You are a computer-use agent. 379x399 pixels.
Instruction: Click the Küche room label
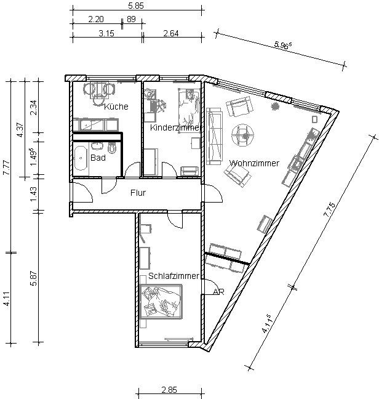tap(116, 107)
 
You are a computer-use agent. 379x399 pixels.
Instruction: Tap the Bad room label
tap(98, 158)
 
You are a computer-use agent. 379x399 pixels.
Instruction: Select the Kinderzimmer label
tap(176, 127)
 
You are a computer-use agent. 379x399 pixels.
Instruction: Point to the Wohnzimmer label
tap(254, 163)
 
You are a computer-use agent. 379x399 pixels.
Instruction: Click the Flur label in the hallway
tap(138, 193)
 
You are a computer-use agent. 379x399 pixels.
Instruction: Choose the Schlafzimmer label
tap(174, 276)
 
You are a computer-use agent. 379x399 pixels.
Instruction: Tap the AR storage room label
tap(218, 292)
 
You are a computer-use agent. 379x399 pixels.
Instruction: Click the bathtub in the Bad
tap(81, 158)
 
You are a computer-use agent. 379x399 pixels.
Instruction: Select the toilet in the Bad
tap(111, 148)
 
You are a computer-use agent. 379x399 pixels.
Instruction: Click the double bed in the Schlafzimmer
tap(161, 302)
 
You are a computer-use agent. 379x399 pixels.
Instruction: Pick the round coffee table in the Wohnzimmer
tap(242, 135)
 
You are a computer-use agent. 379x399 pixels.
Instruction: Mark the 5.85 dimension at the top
tap(136, 6)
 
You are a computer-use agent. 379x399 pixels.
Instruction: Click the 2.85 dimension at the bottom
tap(169, 390)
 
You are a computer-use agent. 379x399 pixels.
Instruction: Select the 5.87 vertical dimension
tap(34, 278)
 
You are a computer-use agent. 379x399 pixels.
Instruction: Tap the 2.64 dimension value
tap(171, 33)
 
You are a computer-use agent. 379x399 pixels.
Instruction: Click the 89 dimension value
tap(131, 19)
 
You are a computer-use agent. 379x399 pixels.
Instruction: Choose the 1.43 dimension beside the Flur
tap(34, 195)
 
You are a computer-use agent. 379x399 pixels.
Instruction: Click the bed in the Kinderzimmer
tap(189, 107)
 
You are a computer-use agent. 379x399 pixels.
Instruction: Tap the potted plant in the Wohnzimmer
tap(274, 107)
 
